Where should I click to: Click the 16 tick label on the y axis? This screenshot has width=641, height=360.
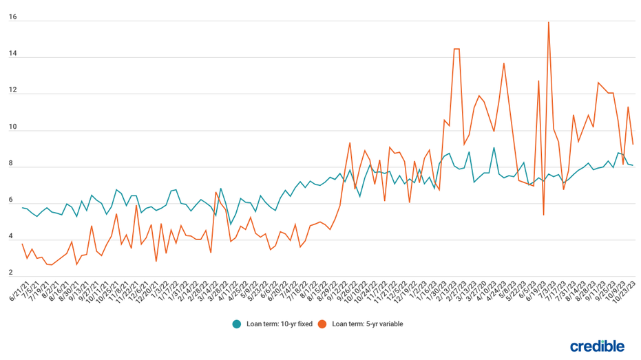coord(12,18)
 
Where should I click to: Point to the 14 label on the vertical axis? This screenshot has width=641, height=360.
coord(12,54)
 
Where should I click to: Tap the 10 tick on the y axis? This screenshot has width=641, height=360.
coord(12,128)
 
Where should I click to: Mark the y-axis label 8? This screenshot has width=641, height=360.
coord(11,165)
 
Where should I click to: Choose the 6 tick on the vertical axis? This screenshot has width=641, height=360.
coord(11,201)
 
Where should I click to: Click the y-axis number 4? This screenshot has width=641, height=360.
coord(11,237)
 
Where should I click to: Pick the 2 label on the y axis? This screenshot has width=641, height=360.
coord(11,274)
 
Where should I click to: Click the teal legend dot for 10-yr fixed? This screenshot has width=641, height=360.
coord(236,324)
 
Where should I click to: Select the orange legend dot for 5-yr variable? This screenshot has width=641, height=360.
coord(322,324)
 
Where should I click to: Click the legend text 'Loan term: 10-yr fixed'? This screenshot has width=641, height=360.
coord(277,324)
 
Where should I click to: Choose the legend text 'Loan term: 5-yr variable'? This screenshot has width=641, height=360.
coord(367,324)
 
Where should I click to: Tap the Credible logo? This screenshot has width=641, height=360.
coord(597,346)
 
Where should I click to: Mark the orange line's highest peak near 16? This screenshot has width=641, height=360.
coord(548,22)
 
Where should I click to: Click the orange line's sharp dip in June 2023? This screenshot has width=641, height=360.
coord(543,215)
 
